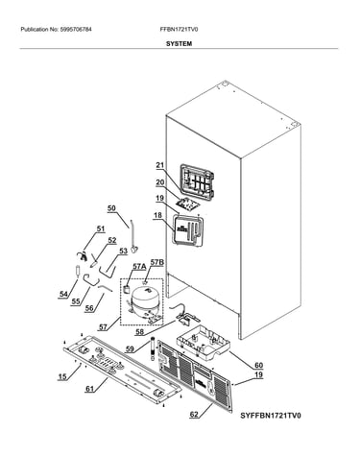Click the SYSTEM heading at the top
pyautogui.click(x=179, y=44)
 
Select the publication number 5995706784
pyautogui.click(x=76, y=30)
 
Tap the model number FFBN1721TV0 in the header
pyautogui.click(x=179, y=30)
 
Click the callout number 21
pyautogui.click(x=160, y=165)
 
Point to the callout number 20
pyautogui.click(x=160, y=182)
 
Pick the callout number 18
pyautogui.click(x=157, y=215)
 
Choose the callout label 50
pyautogui.click(x=111, y=208)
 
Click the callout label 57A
pyautogui.click(x=139, y=266)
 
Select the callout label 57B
pyautogui.click(x=157, y=263)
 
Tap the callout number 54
pyautogui.click(x=63, y=294)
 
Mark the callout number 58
pyautogui.click(x=139, y=332)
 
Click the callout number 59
pyautogui.click(x=130, y=348)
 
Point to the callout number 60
pyautogui.click(x=258, y=365)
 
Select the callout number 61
pyautogui.click(x=90, y=389)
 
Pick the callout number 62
pyautogui.click(x=194, y=415)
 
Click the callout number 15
pyautogui.click(x=62, y=376)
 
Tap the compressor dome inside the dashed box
pyautogui.click(x=144, y=298)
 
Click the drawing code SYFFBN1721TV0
pyautogui.click(x=271, y=416)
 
